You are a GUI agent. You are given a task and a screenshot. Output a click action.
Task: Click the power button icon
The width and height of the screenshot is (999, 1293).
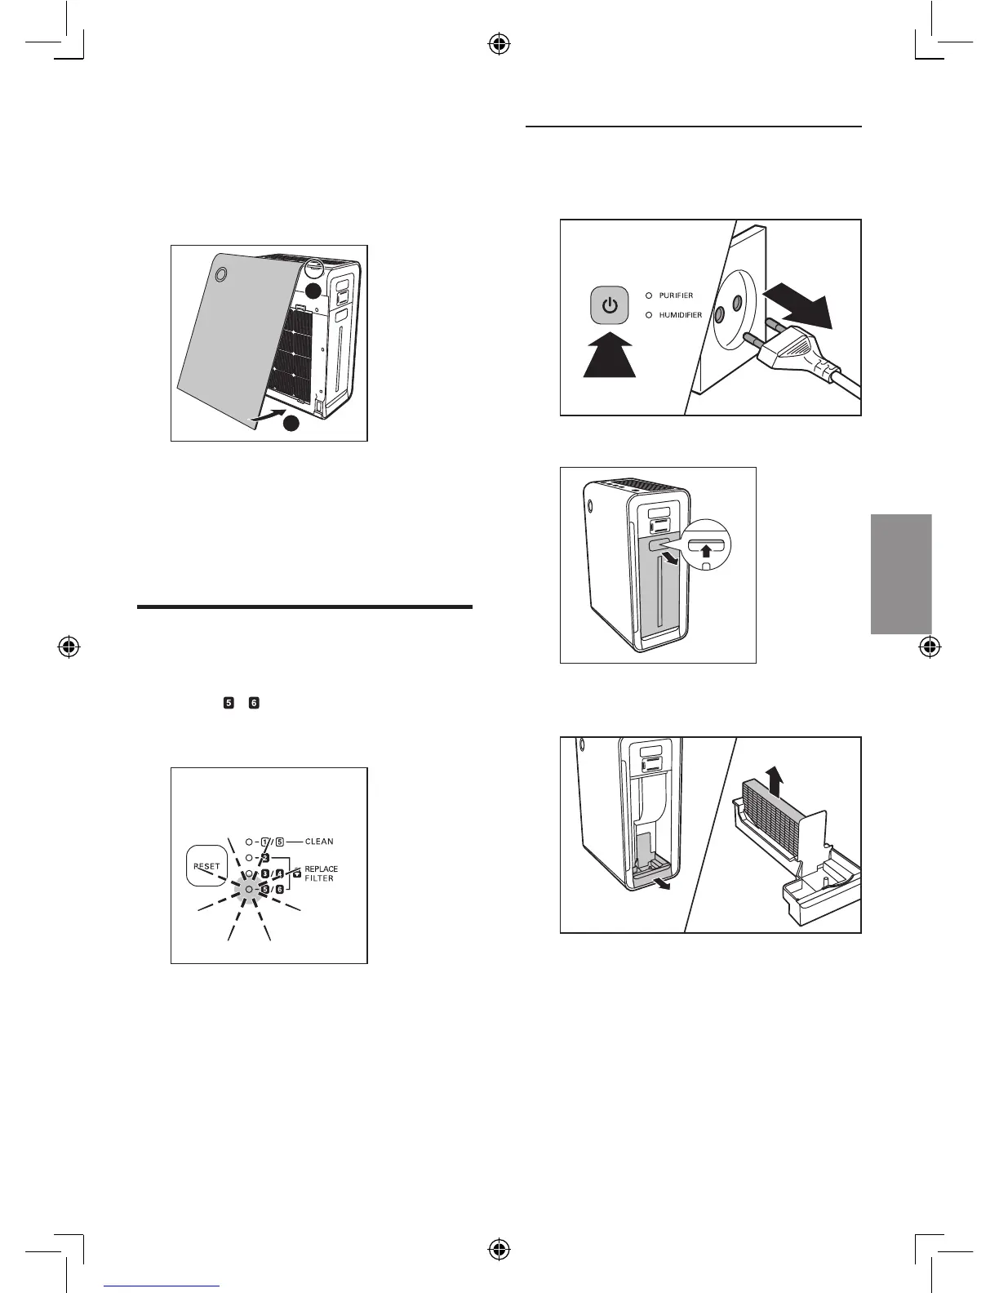point(610,307)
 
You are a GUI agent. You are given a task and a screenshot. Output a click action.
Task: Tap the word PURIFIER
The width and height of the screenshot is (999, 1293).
point(676,295)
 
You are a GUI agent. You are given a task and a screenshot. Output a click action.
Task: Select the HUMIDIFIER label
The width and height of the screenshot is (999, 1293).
point(680,315)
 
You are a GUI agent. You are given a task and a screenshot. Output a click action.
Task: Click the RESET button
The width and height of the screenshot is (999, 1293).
point(206,866)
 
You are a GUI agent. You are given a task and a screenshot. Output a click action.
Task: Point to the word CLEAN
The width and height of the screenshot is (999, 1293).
point(319,842)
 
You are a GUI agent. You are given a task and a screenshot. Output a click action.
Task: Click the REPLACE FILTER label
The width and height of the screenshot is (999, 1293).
point(320,873)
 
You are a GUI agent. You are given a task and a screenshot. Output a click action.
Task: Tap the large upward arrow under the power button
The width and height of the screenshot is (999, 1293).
point(610,353)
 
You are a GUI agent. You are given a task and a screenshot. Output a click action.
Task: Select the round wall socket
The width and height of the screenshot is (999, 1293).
point(729,309)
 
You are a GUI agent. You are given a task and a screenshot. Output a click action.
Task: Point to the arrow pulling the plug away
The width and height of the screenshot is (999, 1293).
point(800,307)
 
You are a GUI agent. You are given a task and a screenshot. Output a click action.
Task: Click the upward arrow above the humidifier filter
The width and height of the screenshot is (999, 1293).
point(775,781)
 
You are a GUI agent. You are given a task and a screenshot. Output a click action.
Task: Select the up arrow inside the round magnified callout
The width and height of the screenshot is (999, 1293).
point(708,552)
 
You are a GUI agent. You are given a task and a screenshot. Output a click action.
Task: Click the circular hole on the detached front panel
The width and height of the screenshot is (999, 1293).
point(218,276)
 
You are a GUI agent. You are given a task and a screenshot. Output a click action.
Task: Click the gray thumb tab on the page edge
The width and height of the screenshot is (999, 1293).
point(901,574)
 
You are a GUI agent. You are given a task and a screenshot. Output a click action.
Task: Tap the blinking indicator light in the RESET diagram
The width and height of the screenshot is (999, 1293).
point(249,888)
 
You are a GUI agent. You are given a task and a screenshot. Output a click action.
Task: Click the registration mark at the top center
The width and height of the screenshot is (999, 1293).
point(499,45)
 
